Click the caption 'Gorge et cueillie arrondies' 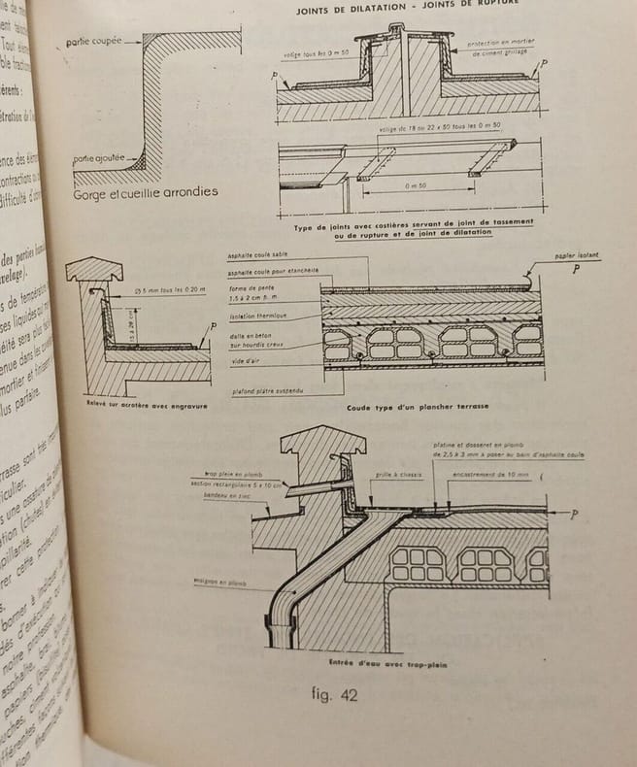(x=146, y=192)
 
